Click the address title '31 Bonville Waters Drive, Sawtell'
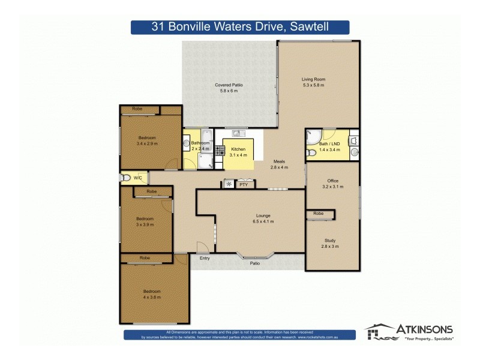coord(240,27)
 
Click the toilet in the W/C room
coord(125,178)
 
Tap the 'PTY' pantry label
coord(244,185)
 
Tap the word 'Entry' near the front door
coord(205,258)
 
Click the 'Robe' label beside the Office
coord(318,214)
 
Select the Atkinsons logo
coord(409,332)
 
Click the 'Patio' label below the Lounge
coord(255,263)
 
